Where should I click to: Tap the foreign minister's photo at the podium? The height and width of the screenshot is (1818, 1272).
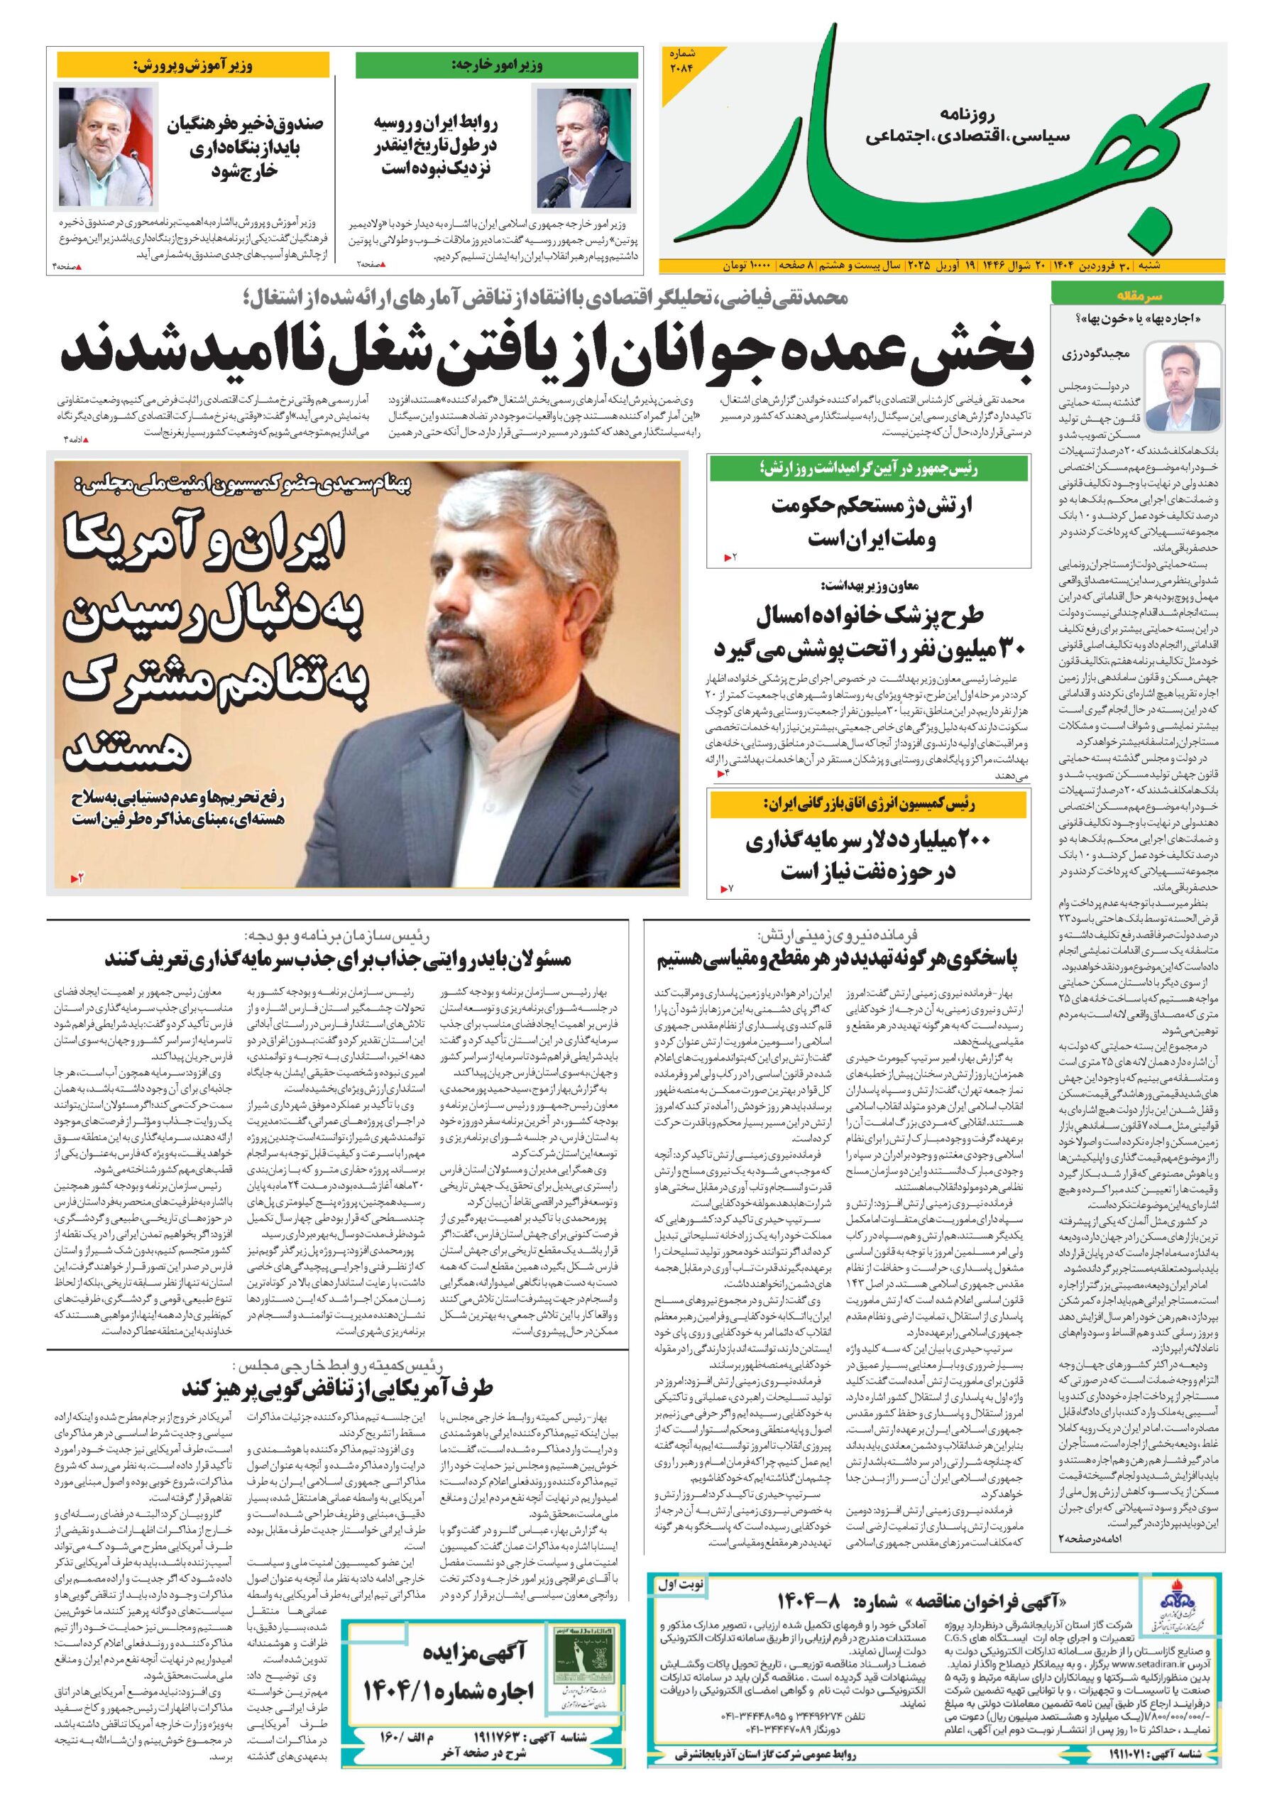coord(583,147)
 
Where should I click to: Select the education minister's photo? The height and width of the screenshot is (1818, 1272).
coord(105,146)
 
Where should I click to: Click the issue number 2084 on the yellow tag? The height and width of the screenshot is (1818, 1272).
coord(682,60)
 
